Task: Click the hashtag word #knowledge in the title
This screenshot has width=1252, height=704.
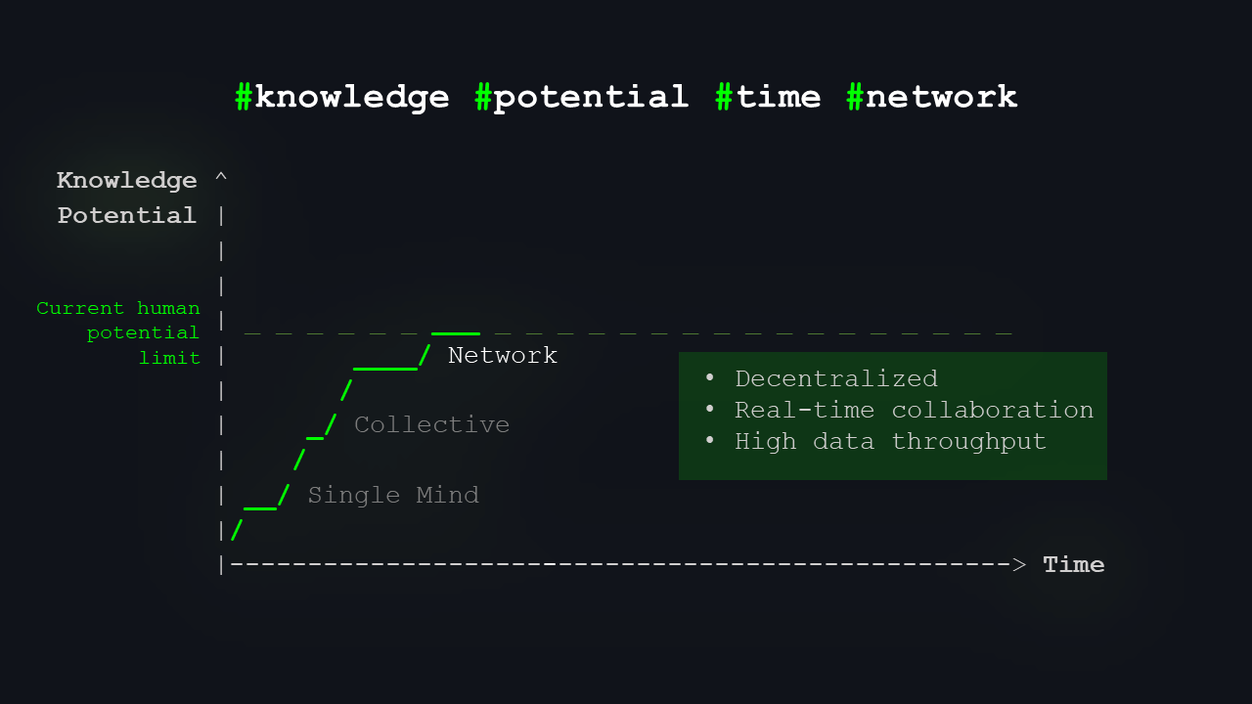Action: point(342,97)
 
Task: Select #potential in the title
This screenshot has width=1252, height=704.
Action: point(582,97)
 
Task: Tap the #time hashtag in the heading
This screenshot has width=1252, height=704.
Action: point(768,97)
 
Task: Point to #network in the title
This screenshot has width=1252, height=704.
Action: point(932,97)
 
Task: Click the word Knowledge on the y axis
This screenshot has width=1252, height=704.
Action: point(127,181)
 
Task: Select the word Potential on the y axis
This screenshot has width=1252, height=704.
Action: point(127,215)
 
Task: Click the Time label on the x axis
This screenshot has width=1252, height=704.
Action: point(1074,564)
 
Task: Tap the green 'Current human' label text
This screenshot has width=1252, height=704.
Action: point(118,309)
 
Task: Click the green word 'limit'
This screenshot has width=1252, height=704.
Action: point(169,358)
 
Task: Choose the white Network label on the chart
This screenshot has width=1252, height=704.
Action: point(503,355)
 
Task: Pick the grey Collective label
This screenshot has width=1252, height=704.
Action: point(431,424)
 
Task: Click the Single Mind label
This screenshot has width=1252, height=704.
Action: point(393,495)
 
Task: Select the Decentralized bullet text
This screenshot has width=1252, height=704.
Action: point(836,378)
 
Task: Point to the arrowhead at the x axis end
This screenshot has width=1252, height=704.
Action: point(1019,564)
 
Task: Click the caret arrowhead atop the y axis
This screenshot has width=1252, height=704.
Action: point(221,176)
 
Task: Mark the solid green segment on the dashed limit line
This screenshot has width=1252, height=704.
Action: point(456,333)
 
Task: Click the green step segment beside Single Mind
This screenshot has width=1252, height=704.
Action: point(260,508)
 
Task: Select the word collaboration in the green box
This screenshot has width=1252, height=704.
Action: point(992,410)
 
